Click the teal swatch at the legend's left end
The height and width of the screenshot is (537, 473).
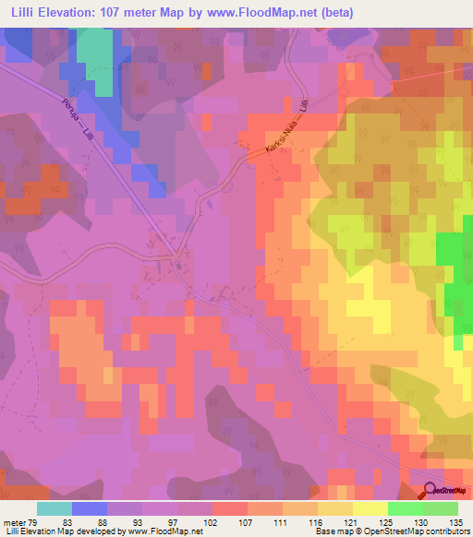tap(55, 509)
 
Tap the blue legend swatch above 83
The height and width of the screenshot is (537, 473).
tap(90, 509)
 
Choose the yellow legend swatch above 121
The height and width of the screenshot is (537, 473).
tap(334, 509)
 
